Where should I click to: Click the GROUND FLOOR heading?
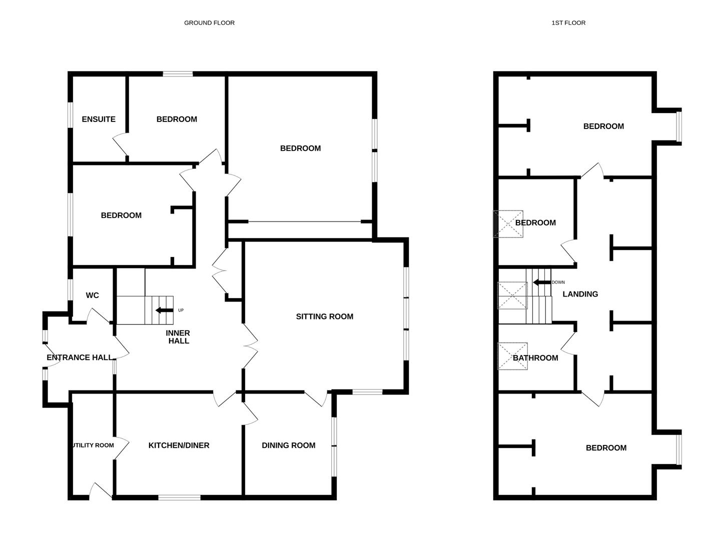pyautogui.click(x=209, y=22)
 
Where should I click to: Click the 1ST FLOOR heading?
pyautogui.click(x=568, y=22)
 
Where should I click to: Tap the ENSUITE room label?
pyautogui.click(x=99, y=119)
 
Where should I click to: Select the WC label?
pyautogui.click(x=93, y=295)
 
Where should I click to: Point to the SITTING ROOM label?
pyautogui.click(x=325, y=316)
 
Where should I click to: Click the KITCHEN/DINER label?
pyautogui.click(x=179, y=445)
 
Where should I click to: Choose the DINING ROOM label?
pyautogui.click(x=289, y=445)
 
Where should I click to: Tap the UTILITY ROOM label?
pyautogui.click(x=94, y=445)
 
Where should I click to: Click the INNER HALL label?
pyautogui.click(x=179, y=337)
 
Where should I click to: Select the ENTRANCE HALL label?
pyautogui.click(x=80, y=357)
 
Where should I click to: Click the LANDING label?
pyautogui.click(x=580, y=294)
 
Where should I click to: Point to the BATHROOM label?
pyautogui.click(x=535, y=358)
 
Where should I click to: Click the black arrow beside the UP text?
pyautogui.click(x=164, y=310)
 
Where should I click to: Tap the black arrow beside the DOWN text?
pyautogui.click(x=542, y=282)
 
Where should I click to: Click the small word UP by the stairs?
pyautogui.click(x=181, y=310)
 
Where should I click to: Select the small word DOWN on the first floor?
pyautogui.click(x=558, y=282)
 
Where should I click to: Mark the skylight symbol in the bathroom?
pyautogui.click(x=512, y=356)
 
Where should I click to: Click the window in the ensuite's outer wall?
pyautogui.click(x=70, y=114)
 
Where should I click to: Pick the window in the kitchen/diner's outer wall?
pyautogui.click(x=180, y=497)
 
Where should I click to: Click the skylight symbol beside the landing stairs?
pyautogui.click(x=512, y=295)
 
